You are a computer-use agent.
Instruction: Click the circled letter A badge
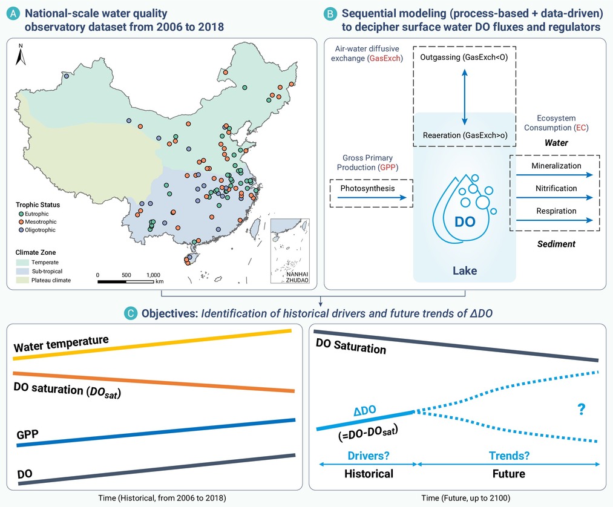13,14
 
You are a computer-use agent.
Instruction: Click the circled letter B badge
330,14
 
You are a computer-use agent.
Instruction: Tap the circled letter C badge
131,313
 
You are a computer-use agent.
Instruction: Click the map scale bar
125,281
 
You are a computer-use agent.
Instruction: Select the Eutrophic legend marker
21,214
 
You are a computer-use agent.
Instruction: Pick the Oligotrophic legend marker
21,230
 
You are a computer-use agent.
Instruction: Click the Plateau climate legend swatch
22,280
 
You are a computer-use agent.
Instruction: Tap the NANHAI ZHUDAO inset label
297,277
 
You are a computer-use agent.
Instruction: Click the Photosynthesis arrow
372,198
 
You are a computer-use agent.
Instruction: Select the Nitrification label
556,188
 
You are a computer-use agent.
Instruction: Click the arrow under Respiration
554,220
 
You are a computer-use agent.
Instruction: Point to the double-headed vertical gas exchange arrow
465,97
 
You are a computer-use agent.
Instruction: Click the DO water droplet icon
464,209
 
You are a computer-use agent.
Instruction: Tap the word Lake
465,270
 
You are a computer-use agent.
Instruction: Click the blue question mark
582,409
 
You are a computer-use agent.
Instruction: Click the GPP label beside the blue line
27,434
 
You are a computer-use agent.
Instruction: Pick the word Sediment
556,244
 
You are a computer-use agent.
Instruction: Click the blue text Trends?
509,456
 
